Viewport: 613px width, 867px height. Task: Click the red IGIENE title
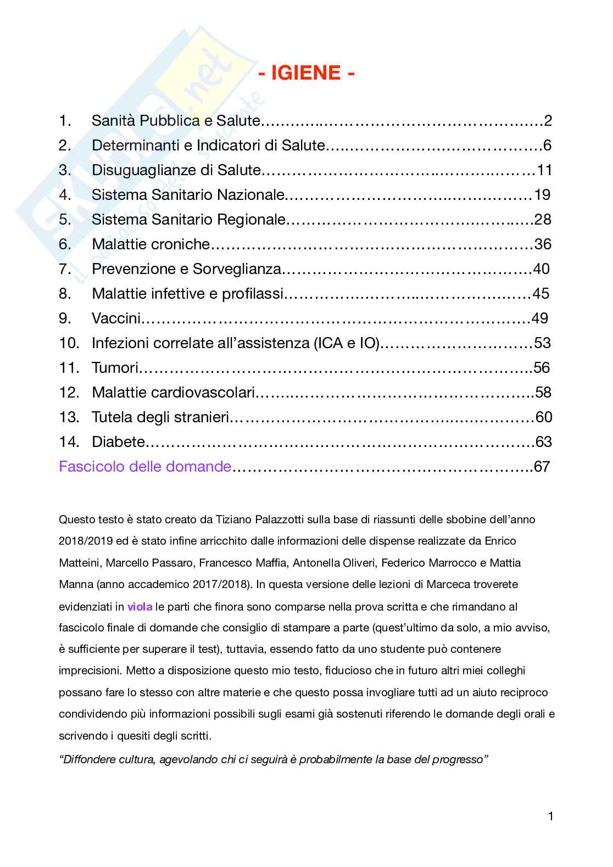pos(306,72)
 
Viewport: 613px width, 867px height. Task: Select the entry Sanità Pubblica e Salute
pos(175,121)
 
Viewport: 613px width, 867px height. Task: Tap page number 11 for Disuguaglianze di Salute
pos(544,170)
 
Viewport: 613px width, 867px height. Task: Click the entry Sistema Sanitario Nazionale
pos(188,195)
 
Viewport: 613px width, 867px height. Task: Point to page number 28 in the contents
pos(543,220)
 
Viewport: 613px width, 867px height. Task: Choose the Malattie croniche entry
pos(151,244)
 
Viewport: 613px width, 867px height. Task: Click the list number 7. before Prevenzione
pos(65,269)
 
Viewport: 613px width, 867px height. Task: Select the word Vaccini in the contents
pos(116,318)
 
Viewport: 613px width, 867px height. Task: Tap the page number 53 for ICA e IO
pos(542,343)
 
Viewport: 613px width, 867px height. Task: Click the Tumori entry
pos(115,368)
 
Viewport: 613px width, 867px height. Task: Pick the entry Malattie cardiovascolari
pos(174,393)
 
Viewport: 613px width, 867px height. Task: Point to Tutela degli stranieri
pos(160,417)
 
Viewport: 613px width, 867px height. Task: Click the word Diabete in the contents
pos(119,442)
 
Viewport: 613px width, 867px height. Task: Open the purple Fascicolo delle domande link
pos(145,467)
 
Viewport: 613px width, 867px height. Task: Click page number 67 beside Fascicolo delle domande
pos(542,467)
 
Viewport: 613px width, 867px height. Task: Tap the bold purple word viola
pos(140,607)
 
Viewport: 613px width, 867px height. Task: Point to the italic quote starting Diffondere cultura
pos(274,760)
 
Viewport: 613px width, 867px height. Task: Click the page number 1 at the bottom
pos(550,832)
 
